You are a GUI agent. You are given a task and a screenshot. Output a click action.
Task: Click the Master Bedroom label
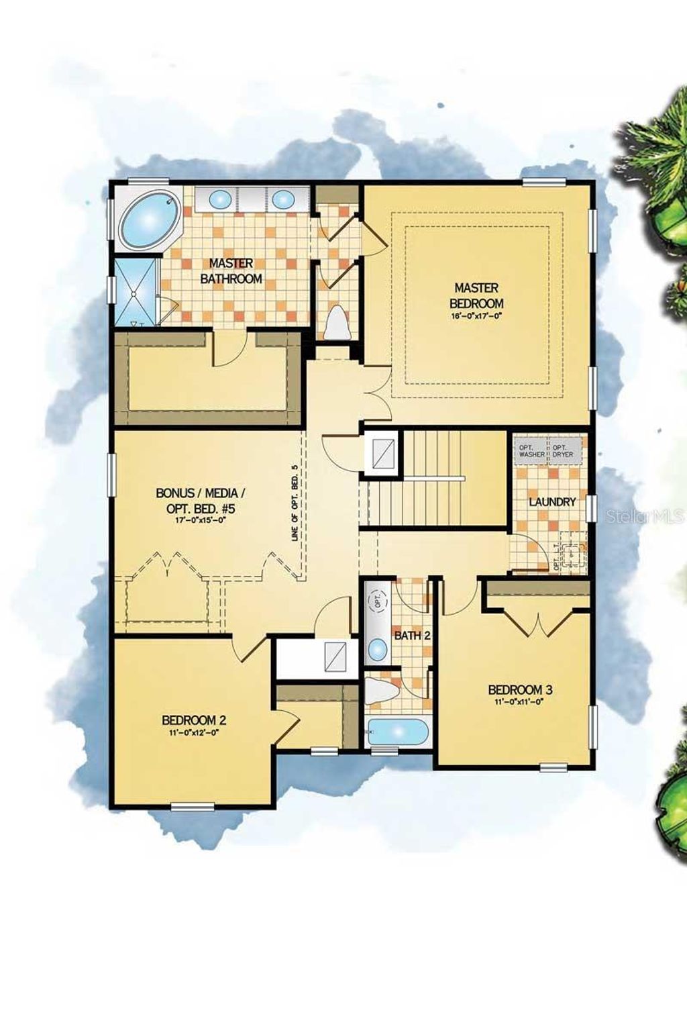[476, 295]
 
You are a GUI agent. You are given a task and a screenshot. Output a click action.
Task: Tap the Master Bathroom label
[231, 271]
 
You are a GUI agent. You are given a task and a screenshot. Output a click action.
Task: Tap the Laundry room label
[552, 501]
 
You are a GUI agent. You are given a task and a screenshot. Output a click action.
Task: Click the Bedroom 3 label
[520, 689]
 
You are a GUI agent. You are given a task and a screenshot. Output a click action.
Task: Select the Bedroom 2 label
[194, 720]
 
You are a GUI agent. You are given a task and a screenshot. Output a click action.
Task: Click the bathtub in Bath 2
[397, 733]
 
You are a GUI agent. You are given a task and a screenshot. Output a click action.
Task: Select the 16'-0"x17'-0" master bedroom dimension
[476, 315]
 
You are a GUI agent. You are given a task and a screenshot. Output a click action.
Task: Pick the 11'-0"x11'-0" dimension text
[519, 702]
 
